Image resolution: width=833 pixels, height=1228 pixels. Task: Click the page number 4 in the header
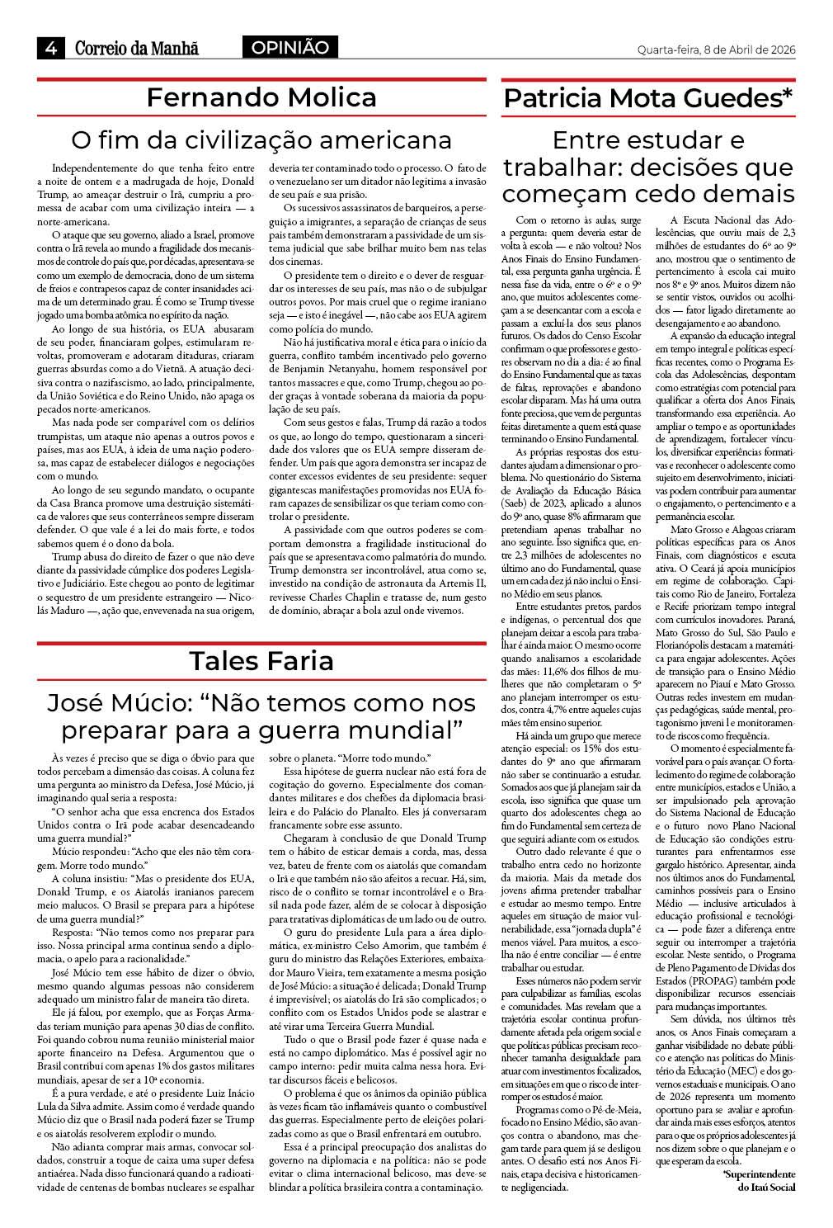click(50, 49)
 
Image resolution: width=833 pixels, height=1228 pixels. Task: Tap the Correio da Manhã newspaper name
click(137, 49)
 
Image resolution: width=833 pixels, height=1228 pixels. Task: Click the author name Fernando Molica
click(261, 97)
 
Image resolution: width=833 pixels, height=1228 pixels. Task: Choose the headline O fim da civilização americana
click(261, 139)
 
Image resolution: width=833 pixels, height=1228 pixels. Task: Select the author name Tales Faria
click(261, 660)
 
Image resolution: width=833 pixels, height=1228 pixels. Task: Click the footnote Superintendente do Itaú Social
click(759, 1180)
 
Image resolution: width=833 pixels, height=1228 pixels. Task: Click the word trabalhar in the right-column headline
click(562, 168)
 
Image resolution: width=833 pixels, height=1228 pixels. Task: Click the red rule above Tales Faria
click(261, 642)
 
